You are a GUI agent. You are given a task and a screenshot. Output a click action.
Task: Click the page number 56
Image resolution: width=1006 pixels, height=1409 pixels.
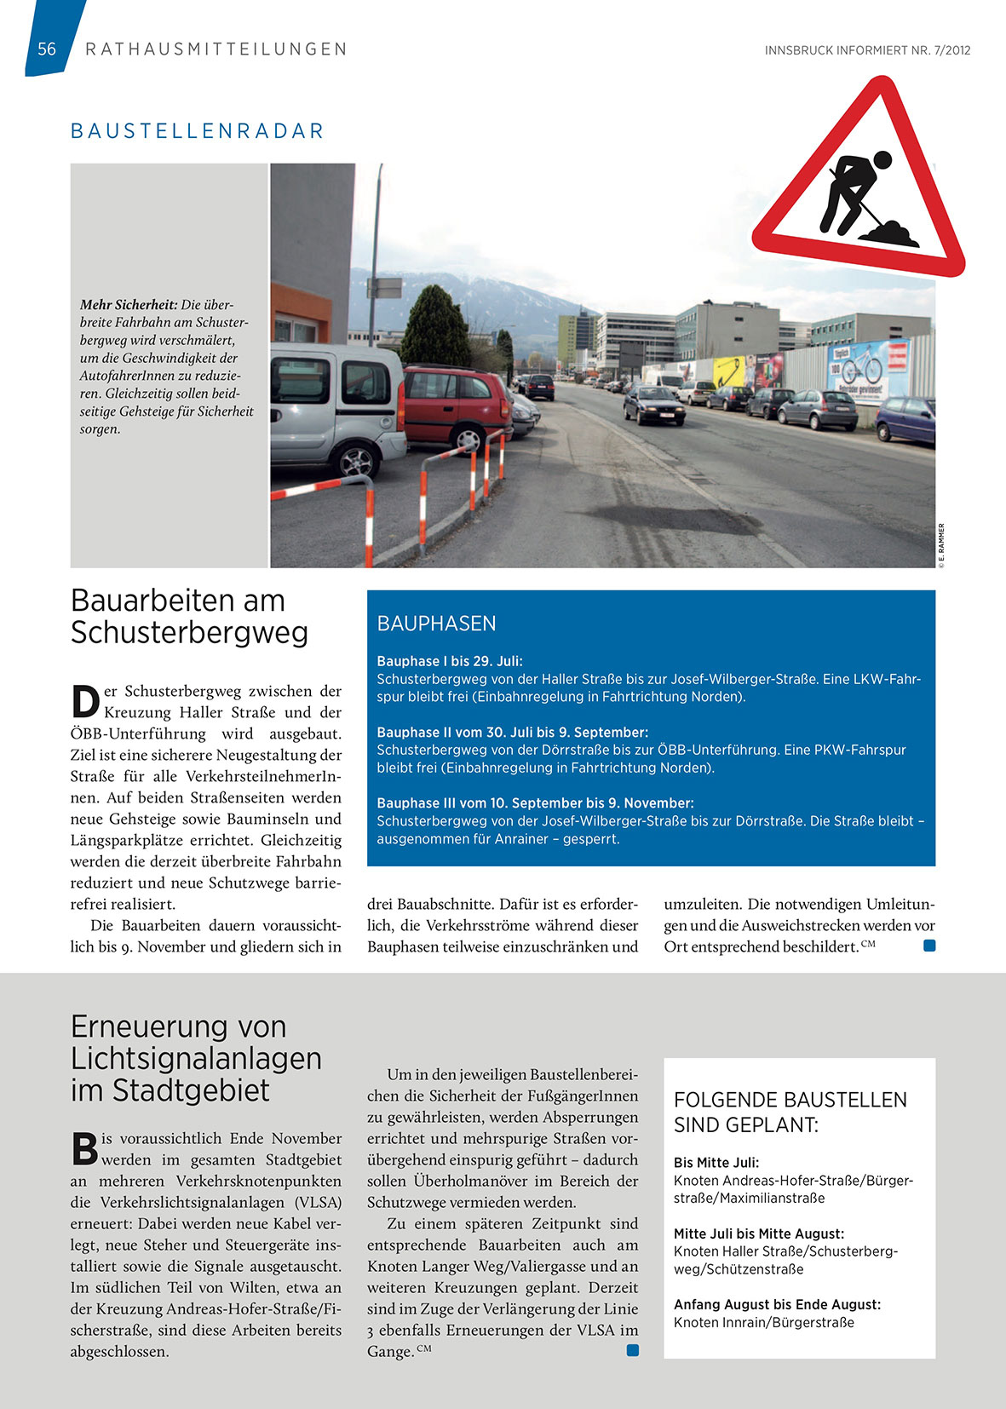click(47, 49)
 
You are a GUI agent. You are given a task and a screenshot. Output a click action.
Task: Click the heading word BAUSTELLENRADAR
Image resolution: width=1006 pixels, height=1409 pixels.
click(198, 131)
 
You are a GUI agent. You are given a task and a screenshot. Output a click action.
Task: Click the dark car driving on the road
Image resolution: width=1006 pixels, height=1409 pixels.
click(653, 405)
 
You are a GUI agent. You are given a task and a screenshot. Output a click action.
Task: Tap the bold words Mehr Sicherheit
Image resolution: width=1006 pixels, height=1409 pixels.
click(129, 305)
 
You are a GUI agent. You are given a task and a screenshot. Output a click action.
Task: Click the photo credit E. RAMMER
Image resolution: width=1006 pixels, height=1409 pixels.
click(941, 545)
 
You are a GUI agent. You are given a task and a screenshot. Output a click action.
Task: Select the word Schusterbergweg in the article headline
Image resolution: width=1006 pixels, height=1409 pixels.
click(189, 633)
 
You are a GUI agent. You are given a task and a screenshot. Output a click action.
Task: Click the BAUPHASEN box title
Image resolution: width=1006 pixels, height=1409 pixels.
click(436, 624)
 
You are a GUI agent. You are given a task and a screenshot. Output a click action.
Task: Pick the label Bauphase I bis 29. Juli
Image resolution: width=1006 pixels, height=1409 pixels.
click(450, 661)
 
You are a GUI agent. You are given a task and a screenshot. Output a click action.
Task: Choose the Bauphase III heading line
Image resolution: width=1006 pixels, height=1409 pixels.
click(535, 802)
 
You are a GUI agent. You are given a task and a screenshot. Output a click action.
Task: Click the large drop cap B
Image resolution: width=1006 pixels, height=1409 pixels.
click(84, 1149)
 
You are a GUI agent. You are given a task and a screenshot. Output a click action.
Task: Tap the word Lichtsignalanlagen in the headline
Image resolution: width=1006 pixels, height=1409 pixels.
click(196, 1059)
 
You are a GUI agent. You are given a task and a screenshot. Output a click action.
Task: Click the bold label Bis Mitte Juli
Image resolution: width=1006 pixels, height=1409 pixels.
click(716, 1163)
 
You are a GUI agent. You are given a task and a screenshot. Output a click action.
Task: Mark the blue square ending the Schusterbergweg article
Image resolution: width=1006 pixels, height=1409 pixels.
click(929, 946)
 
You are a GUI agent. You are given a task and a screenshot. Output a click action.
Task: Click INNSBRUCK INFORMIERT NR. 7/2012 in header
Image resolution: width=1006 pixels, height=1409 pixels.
click(867, 50)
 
